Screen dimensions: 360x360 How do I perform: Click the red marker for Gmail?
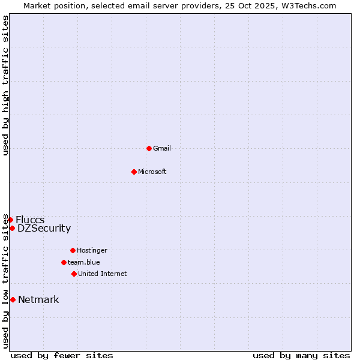coord(149,148)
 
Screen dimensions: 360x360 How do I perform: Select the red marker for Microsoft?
coord(134,172)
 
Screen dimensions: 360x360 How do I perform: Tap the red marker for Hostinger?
coord(73,250)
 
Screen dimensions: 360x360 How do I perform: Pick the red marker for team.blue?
coord(64,262)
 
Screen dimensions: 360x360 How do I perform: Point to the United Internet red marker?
coord(74,274)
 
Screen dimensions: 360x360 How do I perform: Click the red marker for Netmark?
coord(13,299)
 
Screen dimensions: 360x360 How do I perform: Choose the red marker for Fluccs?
coord(10,220)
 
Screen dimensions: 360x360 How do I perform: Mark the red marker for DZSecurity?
coord(12,228)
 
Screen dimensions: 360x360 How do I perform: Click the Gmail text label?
coord(162,148)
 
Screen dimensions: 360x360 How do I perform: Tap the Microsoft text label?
coord(152,172)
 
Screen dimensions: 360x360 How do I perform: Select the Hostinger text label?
coord(92,250)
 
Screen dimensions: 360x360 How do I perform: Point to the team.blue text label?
coord(84,262)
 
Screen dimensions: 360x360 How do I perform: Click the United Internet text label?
coord(103,274)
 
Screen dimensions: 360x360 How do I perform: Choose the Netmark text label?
coord(38,299)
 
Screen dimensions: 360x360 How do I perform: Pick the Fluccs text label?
coord(30,220)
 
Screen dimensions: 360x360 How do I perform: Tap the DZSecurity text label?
coord(44,228)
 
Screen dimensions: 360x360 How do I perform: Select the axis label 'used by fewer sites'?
coord(62,355)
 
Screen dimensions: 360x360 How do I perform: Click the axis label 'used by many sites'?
coord(301,355)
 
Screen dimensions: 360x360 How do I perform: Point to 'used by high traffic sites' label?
coord(5,85)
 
